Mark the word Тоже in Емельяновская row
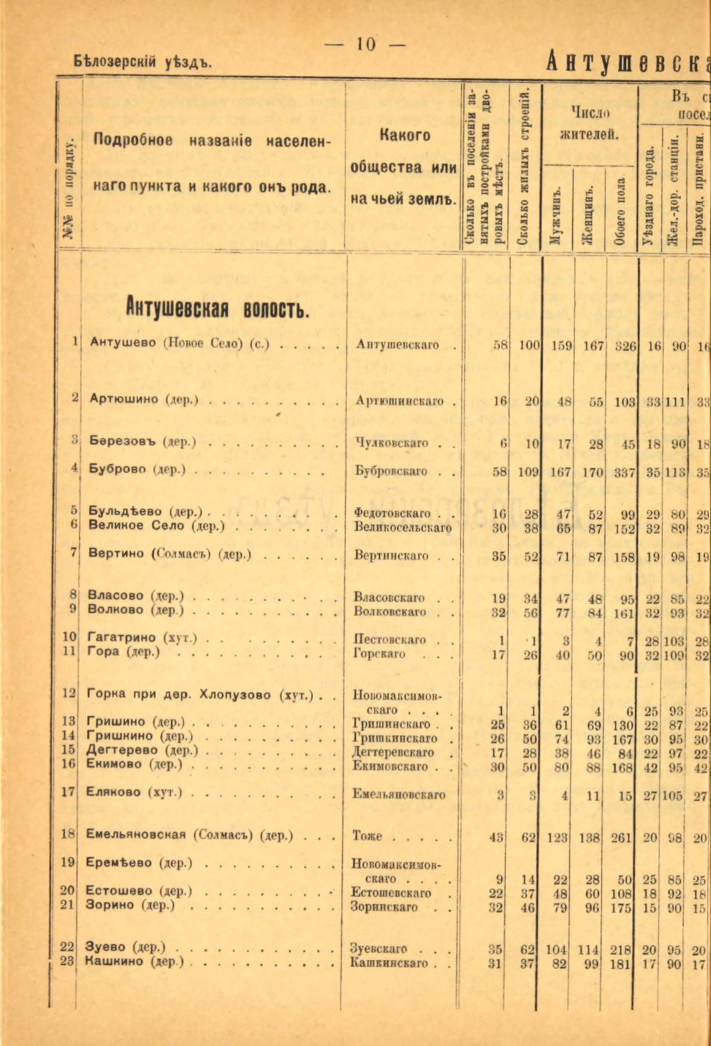pos(368,836)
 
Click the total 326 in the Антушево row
pos(625,345)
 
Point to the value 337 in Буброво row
pos(625,473)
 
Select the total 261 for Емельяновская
pos(625,836)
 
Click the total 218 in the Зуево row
pos(625,950)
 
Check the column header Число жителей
pos(590,123)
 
